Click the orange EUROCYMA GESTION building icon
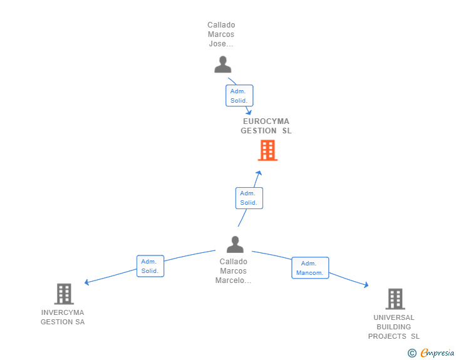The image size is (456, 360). tap(267, 150)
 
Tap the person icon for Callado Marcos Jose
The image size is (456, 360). tap(223, 64)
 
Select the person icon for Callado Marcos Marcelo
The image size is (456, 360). tap(236, 244)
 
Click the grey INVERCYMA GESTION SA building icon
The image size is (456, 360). tap(64, 294)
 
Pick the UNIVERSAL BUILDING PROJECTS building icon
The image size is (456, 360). tap(395, 299)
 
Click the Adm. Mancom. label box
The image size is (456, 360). tap(310, 268)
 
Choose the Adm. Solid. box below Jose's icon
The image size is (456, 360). tap(239, 96)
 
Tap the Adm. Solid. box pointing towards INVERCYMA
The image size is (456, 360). tap(150, 266)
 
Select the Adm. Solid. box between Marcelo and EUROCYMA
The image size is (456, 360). tap(249, 198)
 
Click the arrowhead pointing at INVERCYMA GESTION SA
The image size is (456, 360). tap(86, 282)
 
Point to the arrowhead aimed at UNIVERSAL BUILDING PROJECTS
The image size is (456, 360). tap(366, 285)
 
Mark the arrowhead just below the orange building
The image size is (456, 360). tap(259, 173)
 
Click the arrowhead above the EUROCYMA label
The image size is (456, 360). tap(249, 112)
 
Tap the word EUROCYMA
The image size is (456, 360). tap(266, 121)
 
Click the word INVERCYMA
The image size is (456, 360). tap(63, 312)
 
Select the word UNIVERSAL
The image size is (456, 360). tap(394, 317)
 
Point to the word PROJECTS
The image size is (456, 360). tap(387, 336)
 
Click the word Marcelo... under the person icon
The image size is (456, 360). tap(233, 280)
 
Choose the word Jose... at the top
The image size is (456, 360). tap(221, 44)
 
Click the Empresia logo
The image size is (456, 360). tap(431, 352)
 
